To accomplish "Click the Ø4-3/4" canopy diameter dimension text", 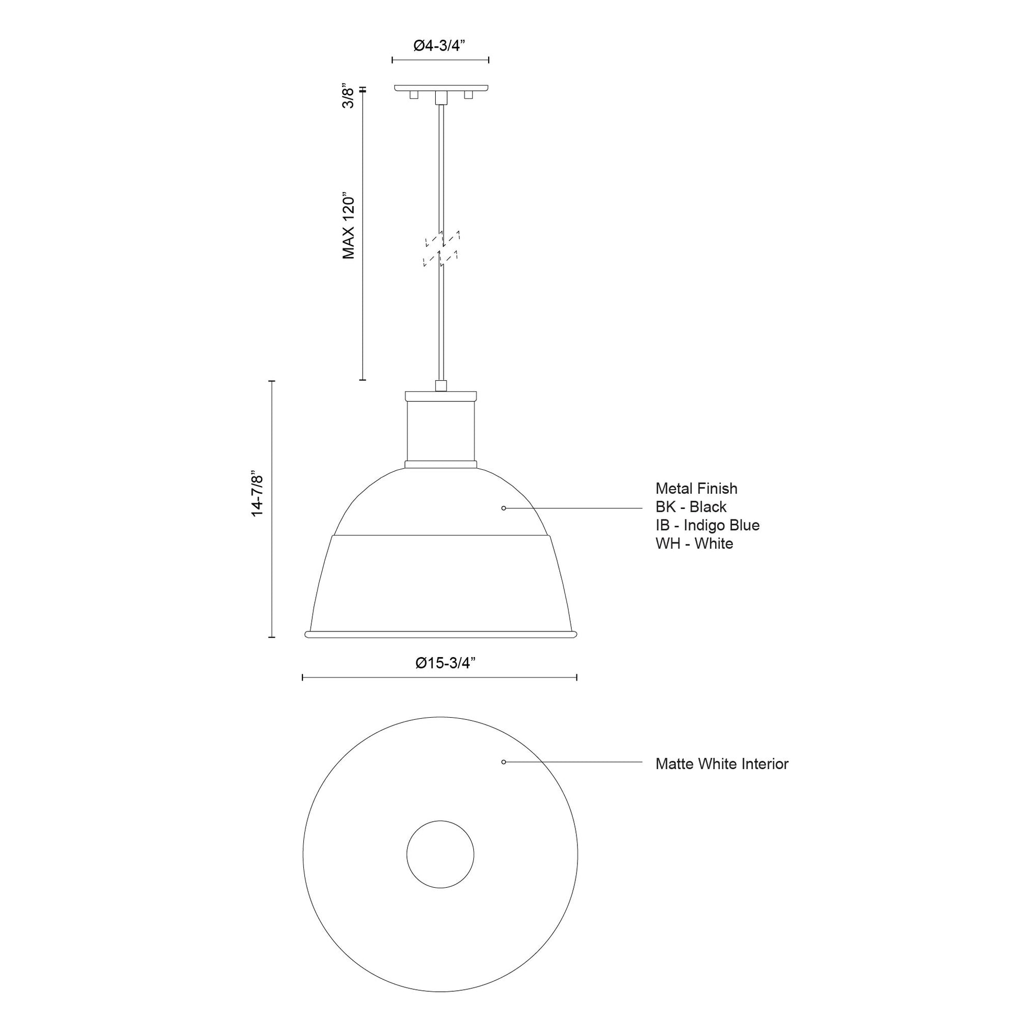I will click(439, 46).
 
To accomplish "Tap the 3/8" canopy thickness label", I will click(348, 95).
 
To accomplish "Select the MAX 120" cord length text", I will click(348, 225).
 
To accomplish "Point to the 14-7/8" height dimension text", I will click(257, 493).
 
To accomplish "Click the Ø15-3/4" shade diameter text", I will click(445, 663).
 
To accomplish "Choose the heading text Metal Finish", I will click(696, 489).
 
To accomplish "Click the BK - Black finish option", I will click(691, 507).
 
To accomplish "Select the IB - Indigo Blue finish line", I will click(707, 525).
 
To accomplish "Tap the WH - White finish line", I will click(694, 543).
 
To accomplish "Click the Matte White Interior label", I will click(721, 764).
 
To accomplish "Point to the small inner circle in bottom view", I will click(440, 854).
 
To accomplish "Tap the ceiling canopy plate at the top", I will click(441, 87).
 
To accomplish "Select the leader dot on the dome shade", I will click(504, 508).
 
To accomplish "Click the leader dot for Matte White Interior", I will click(504, 762).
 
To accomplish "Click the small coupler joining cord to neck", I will click(441, 385).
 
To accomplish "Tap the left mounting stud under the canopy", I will click(414, 95).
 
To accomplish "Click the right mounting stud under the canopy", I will click(468, 95).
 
